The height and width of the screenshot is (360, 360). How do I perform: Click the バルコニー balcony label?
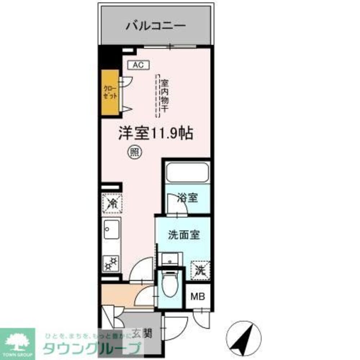(x=156, y=26)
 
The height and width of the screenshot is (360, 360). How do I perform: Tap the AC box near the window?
(x=139, y=65)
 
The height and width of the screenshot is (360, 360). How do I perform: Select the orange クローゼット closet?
(x=110, y=93)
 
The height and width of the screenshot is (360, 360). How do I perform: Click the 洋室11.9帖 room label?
(x=156, y=134)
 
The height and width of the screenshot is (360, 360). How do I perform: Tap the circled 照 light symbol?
(x=135, y=152)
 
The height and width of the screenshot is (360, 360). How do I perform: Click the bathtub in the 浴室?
(x=188, y=173)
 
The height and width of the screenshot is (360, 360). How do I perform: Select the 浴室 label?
(x=188, y=198)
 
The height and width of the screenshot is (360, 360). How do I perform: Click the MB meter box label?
(x=198, y=297)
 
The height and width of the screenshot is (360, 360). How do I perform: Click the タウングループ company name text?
(x=92, y=348)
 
